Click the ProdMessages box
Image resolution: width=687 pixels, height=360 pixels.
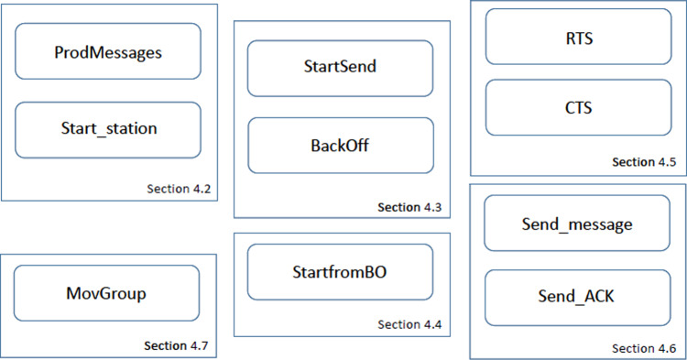pos(108,51)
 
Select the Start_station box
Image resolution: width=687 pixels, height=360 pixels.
pos(108,129)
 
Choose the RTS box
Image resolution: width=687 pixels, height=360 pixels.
pos(578,37)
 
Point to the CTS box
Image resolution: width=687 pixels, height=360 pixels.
pos(578,107)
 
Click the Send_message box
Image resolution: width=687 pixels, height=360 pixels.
pos(577,223)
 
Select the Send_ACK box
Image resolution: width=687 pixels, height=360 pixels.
pos(577,297)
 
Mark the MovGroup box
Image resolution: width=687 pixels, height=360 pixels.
pos(107,293)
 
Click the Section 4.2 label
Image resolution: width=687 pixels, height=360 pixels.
pos(180,190)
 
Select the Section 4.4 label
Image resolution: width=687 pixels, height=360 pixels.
pos(410,324)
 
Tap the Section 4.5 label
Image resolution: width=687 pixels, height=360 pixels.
pos(644,162)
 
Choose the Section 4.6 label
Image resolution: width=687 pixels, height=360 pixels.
pos(644,348)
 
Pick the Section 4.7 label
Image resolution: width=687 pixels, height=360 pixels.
pos(177,345)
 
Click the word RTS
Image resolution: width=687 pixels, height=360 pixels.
pos(578,37)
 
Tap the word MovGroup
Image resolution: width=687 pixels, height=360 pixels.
pos(107,293)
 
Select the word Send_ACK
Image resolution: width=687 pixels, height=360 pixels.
pos(577,297)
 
